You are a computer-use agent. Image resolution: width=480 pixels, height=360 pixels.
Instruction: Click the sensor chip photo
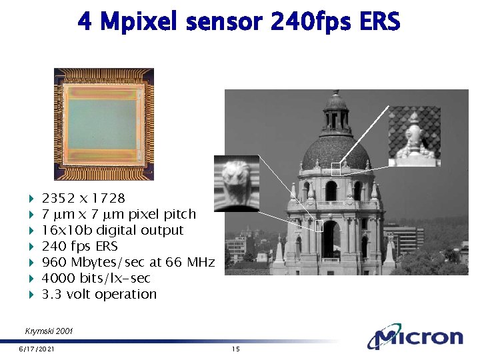104,124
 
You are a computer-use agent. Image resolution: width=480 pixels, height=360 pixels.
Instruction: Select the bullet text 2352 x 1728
83,198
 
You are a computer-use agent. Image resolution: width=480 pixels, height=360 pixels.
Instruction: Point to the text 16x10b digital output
112,230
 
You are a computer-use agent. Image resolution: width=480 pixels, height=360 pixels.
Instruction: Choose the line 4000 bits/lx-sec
95,278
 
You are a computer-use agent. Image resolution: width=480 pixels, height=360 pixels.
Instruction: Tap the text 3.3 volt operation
99,294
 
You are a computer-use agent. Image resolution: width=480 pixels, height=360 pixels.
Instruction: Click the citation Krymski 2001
49,331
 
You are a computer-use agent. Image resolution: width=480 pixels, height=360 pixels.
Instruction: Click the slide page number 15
235,349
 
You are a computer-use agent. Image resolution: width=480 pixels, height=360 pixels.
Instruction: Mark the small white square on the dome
336,169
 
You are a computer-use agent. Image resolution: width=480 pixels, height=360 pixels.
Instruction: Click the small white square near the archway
319,226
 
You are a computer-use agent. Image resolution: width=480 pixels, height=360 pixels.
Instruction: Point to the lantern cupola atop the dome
335,113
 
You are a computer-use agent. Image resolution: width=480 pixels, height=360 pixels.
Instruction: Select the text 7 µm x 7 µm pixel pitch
119,214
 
